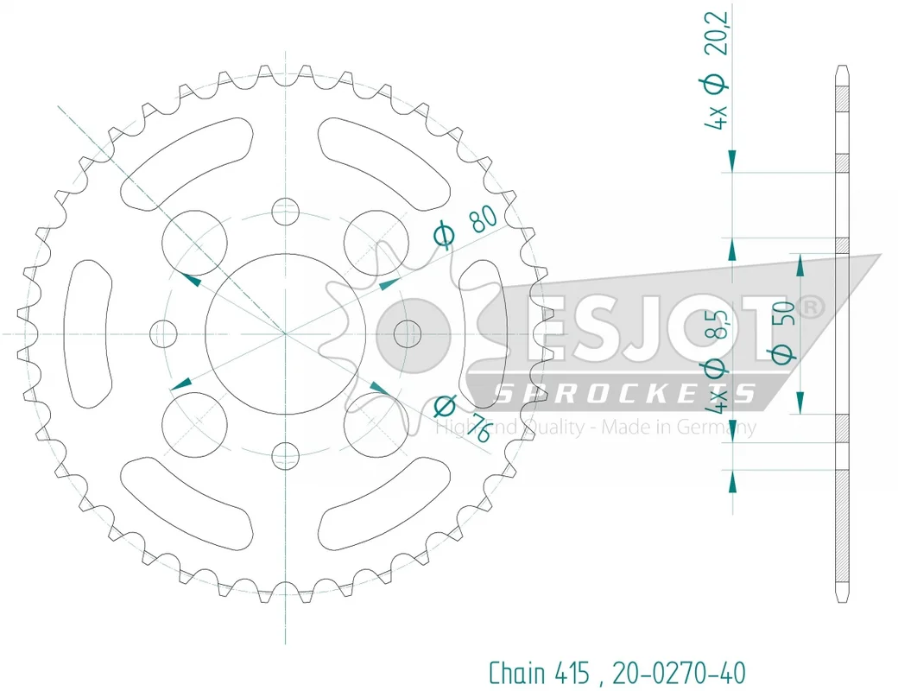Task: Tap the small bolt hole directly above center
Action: [285, 212]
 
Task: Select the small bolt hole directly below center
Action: [285, 456]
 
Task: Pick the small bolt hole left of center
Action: [163, 333]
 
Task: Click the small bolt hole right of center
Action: [408, 333]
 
